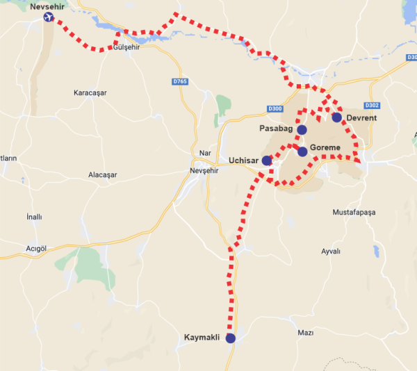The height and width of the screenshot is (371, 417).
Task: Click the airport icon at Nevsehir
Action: [48, 17]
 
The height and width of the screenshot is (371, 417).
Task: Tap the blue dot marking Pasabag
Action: [302, 130]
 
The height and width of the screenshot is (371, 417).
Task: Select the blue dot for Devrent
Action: [336, 117]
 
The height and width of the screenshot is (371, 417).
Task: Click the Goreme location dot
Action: [302, 151]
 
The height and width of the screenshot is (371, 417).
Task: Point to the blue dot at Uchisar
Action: [266, 160]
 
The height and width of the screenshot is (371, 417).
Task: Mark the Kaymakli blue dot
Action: [230, 338]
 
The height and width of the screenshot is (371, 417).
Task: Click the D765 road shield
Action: [180, 82]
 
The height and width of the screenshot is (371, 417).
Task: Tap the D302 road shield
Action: [373, 106]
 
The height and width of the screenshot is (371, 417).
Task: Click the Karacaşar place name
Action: [93, 93]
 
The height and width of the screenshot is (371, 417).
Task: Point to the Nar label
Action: [204, 153]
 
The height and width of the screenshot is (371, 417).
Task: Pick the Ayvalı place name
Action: [331, 251]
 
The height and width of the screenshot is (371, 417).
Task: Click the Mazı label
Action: [306, 333]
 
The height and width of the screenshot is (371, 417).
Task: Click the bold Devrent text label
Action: [361, 118]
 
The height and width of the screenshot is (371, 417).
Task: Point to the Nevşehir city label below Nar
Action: [205, 170]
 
